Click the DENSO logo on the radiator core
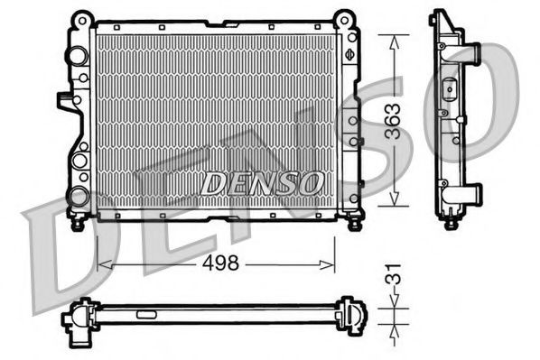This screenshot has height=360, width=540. (262, 182)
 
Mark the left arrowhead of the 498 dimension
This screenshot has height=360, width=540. (100, 264)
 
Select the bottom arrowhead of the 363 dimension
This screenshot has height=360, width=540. (395, 205)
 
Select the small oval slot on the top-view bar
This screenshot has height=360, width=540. (144, 316)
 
